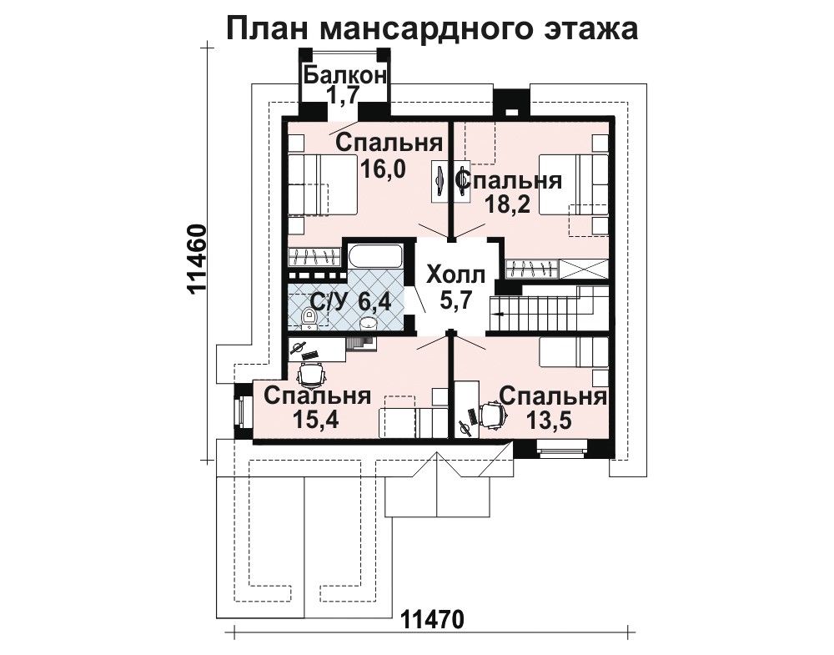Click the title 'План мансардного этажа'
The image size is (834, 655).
click(432, 28)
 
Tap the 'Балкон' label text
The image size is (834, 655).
click(344, 75)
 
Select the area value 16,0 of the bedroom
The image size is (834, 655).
click(383, 169)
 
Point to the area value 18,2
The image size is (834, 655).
click(508, 204)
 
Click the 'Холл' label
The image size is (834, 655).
click(456, 275)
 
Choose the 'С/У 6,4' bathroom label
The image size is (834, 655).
click(350, 302)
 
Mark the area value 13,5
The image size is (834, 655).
click(549, 420)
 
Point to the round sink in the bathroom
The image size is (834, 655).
click(368, 323)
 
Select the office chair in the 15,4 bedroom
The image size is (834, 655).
click(310, 375)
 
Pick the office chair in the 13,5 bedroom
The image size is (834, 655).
click(491, 415)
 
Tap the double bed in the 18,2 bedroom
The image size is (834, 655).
click(574, 184)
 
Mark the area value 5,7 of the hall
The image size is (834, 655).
click(456, 300)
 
